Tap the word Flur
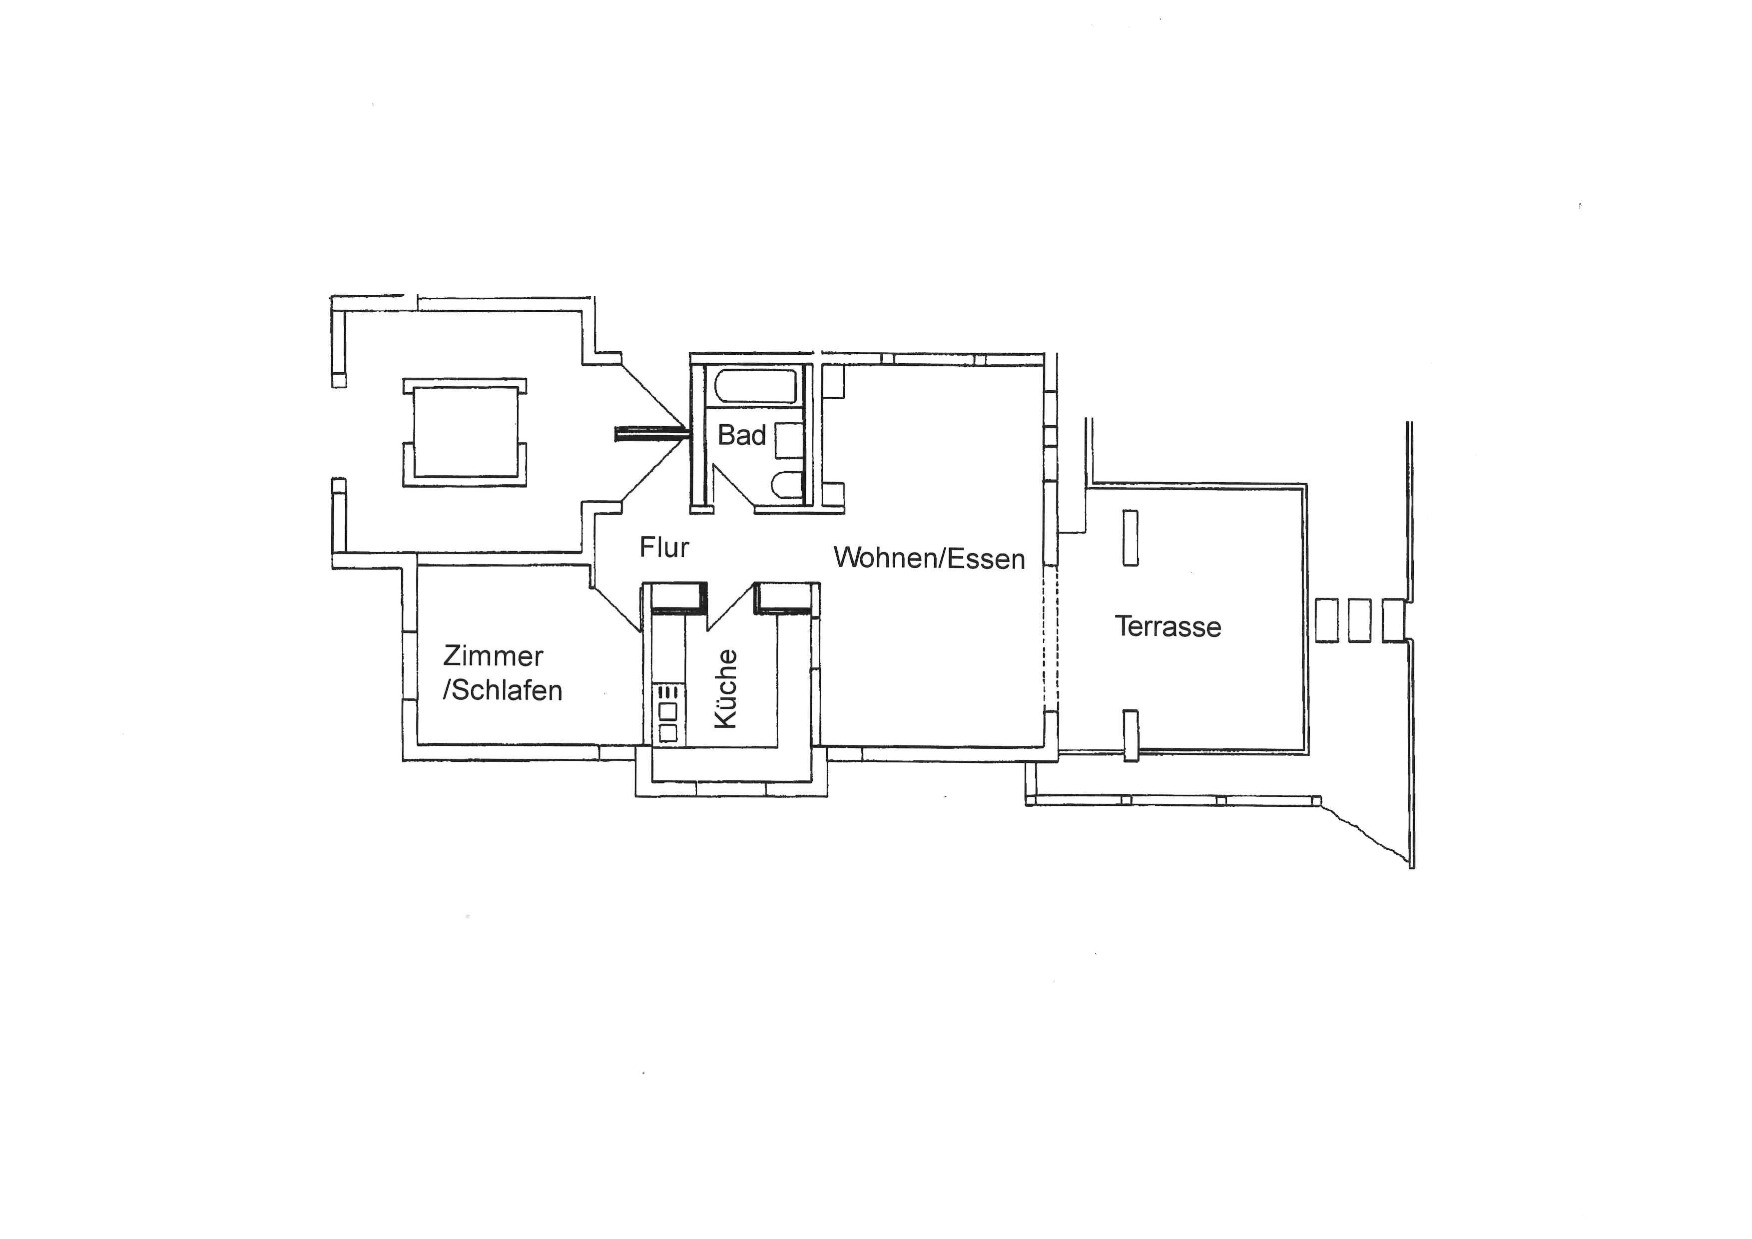click(664, 547)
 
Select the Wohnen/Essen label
click(929, 559)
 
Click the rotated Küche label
click(726, 689)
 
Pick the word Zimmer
click(493, 655)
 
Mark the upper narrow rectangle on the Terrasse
click(1130, 539)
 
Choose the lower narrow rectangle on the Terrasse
click(1131, 735)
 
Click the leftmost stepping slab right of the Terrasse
click(1327, 620)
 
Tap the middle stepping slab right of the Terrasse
click(1359, 620)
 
